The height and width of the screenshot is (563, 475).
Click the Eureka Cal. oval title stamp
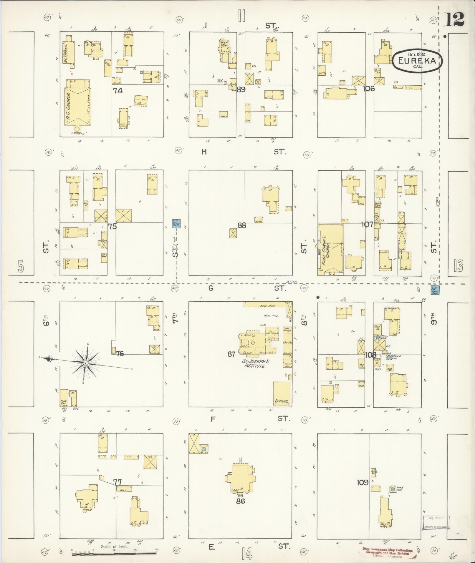click(417, 60)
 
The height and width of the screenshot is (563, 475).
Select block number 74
click(117, 91)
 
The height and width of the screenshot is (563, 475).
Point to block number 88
click(241, 225)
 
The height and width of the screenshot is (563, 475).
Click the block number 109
click(362, 482)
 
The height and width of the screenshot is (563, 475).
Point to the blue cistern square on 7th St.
click(176, 224)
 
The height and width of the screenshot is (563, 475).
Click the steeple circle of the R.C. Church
click(77, 129)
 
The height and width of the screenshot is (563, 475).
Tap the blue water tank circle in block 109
click(393, 489)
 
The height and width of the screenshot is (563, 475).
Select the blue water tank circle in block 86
click(203, 449)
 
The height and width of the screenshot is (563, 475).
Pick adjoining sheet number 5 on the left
click(20, 266)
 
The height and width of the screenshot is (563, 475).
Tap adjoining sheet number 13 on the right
click(458, 266)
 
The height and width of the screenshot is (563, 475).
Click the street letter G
click(211, 288)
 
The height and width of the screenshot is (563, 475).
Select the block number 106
click(368, 88)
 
